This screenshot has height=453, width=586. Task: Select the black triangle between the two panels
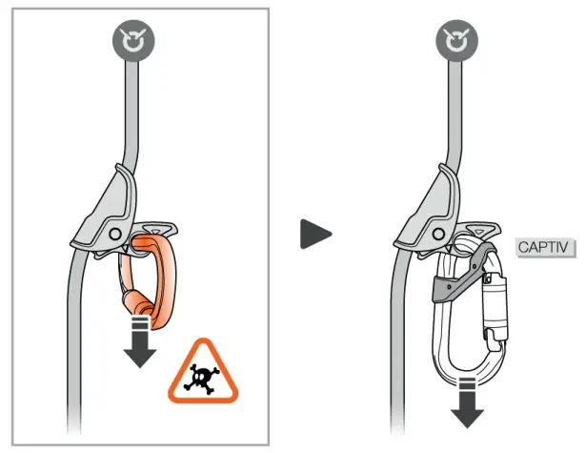click(x=315, y=233)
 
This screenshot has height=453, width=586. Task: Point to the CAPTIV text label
click(x=542, y=248)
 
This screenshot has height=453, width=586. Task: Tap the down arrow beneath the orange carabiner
click(x=141, y=344)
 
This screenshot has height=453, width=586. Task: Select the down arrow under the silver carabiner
click(x=468, y=402)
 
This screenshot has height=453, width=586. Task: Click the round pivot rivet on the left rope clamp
click(x=114, y=232)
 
